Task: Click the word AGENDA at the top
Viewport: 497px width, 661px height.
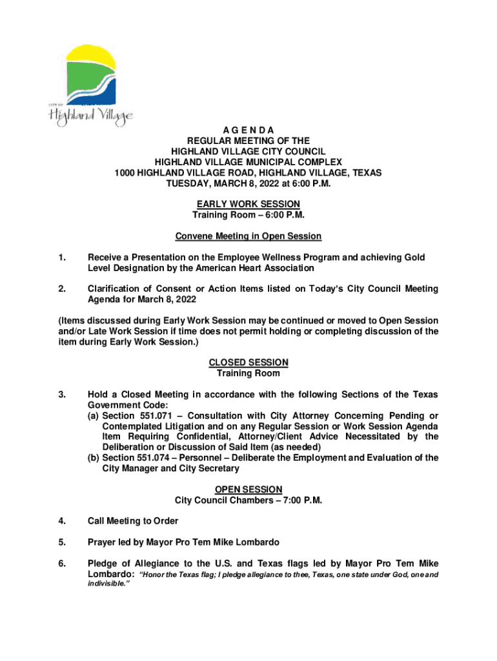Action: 248,130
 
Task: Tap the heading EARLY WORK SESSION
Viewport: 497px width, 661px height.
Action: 248,204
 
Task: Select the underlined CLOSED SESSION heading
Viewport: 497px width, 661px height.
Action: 248,362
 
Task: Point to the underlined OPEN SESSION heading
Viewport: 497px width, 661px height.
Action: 248,489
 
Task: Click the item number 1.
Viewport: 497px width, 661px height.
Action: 61,257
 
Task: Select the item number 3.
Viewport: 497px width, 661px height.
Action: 61,394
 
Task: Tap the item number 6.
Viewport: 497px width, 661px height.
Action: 61,563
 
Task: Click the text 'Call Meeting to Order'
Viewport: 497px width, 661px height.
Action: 133,521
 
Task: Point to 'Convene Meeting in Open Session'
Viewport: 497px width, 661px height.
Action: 248,236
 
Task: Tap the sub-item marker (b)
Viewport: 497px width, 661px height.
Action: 94,458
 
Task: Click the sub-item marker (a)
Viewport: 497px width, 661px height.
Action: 94,416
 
